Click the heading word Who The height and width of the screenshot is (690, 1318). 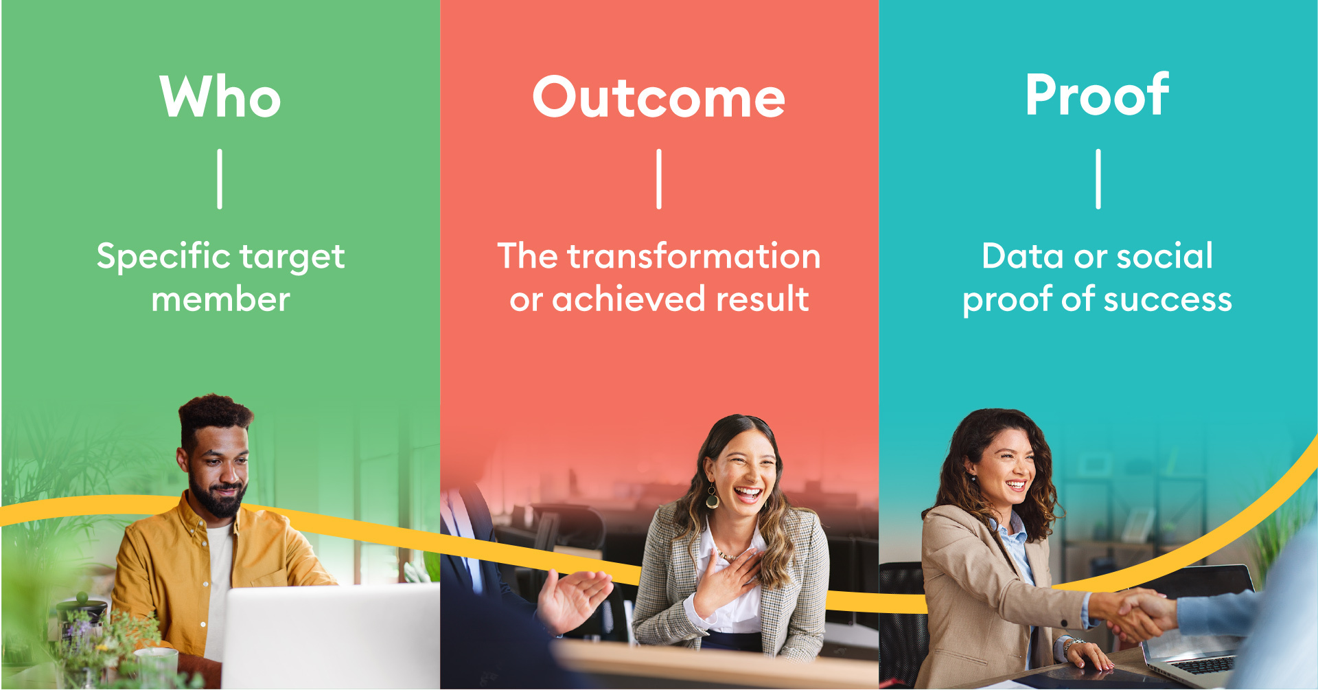click(220, 97)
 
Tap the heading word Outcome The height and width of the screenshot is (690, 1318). click(658, 97)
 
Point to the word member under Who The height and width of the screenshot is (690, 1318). click(220, 300)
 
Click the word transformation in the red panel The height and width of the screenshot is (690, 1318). click(693, 257)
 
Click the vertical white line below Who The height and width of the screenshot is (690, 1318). click(220, 179)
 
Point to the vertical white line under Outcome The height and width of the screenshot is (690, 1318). click(659, 179)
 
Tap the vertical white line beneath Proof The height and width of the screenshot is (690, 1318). click(1098, 179)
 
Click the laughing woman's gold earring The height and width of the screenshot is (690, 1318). click(713, 496)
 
